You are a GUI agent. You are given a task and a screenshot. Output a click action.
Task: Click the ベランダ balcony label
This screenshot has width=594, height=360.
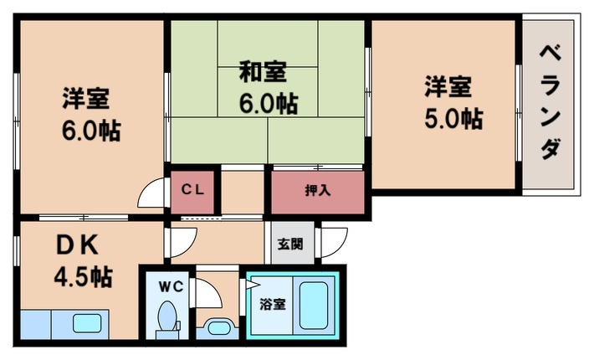coord(550,102)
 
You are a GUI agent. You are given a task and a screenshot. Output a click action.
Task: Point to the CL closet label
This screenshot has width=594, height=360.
coord(194,189)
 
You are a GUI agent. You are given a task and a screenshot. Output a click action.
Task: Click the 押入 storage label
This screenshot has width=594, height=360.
coord(318,189)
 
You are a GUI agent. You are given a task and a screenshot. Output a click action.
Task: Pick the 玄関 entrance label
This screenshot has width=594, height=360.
coord(291,244)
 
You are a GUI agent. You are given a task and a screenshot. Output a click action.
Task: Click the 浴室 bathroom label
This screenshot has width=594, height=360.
coord(273,304)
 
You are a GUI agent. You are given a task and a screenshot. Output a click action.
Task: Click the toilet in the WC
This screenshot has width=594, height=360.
coord(167,320)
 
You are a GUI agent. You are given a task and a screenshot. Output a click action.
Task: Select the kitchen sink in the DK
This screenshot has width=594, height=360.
coord(86,323)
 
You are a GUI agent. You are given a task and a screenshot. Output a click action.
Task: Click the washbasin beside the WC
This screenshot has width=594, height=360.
coord(218,327)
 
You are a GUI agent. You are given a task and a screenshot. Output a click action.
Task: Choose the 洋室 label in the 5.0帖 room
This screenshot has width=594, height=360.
coord(448,85)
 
